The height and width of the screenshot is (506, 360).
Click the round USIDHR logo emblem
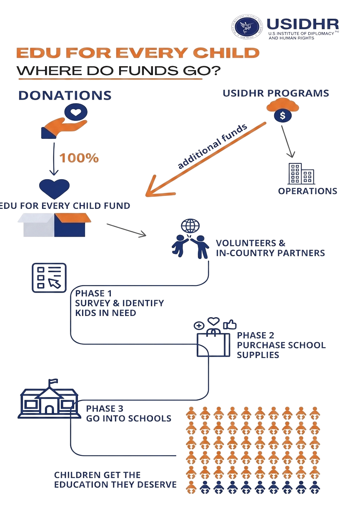pos(248,27)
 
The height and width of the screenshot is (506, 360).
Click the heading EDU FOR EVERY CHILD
pos(137,53)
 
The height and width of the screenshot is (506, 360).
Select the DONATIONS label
pos(65,95)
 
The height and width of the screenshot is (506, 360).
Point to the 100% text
pos(79,158)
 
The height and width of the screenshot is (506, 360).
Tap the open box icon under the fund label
pos(54,224)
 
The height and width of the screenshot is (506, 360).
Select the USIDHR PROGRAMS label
pos(275,93)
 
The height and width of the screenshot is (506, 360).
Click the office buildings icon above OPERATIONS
pos(301,174)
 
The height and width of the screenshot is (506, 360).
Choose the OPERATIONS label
pos(307,191)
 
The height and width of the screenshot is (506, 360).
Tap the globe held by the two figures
pos(190,227)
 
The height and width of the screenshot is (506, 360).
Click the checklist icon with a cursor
pos(49,277)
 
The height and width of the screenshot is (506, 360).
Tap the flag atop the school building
pos(52,381)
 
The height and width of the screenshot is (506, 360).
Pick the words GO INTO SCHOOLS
pos(129,418)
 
